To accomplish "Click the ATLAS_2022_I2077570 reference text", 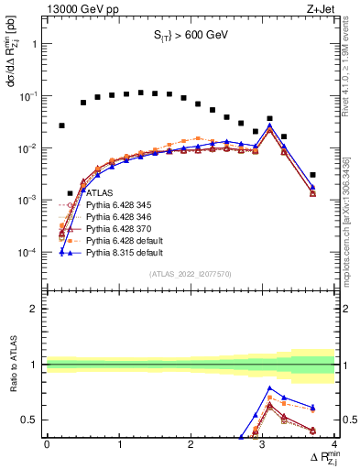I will pos(191,274).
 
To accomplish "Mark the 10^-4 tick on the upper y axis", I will pos(28,252).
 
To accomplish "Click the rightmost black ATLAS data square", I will pos(312,175).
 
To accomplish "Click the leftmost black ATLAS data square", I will pos(61,125).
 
